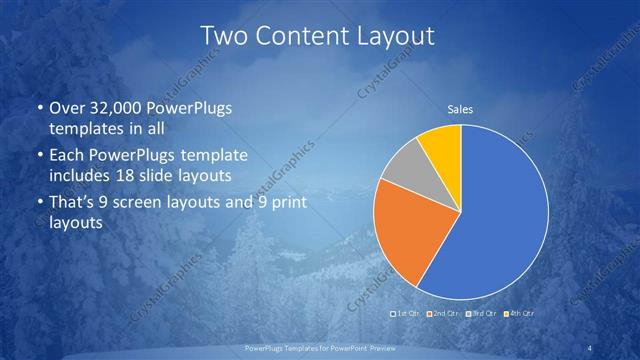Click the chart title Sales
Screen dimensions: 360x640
460,109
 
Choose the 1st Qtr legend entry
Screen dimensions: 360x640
405,314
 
